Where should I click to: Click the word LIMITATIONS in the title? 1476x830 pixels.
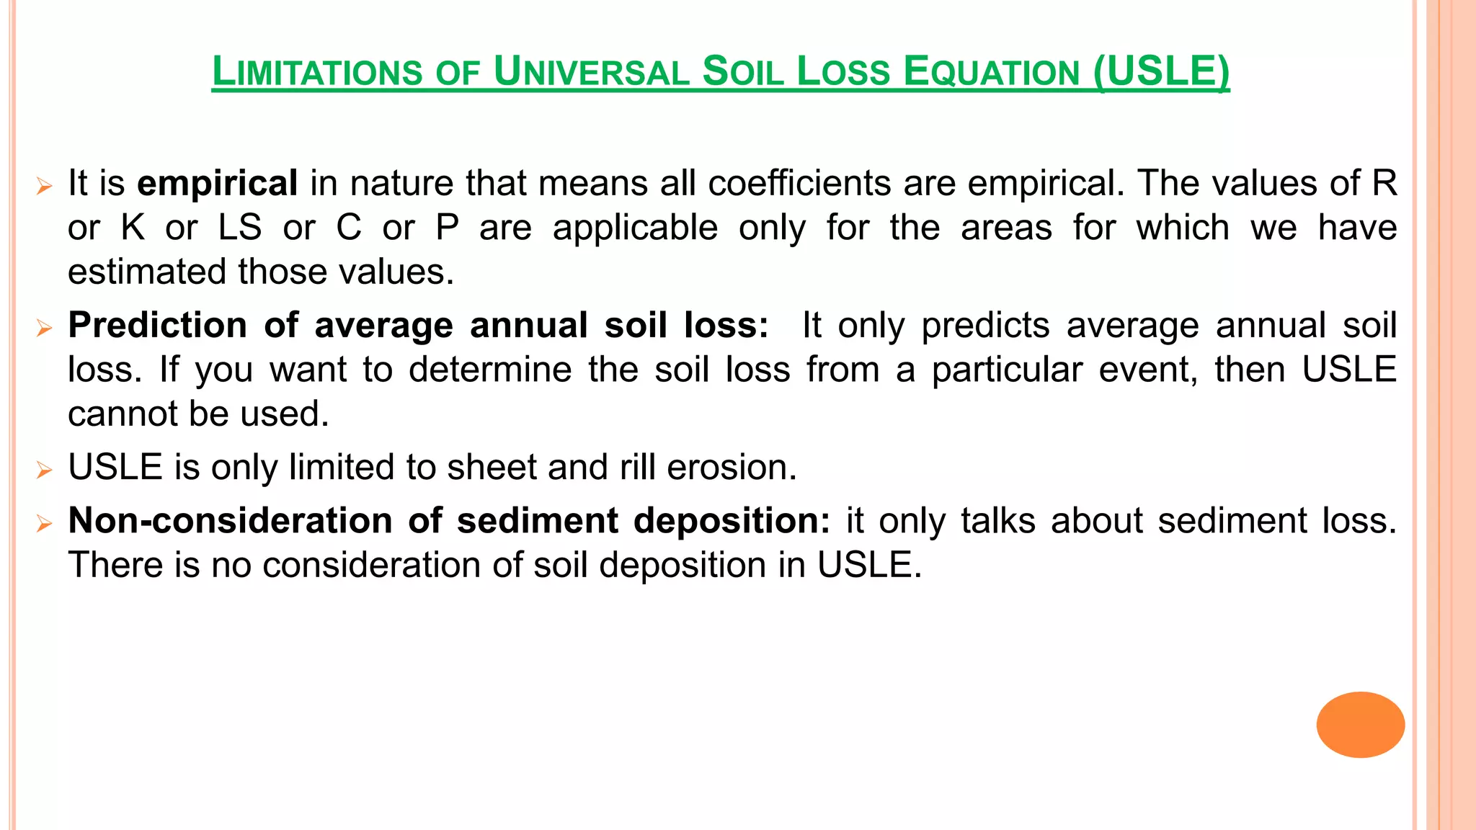(x=317, y=72)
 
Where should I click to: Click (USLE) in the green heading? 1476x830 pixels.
(x=1161, y=72)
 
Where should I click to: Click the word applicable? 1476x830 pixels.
(x=635, y=228)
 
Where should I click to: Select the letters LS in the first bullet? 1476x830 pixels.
(x=240, y=228)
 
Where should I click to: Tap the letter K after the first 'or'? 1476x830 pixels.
(x=133, y=228)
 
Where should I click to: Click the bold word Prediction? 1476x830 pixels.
(x=157, y=325)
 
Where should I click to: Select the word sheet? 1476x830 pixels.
(x=491, y=467)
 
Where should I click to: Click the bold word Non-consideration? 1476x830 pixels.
(x=230, y=520)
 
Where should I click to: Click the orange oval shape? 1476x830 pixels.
(x=1360, y=724)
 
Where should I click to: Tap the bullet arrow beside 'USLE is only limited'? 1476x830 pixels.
(x=45, y=471)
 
